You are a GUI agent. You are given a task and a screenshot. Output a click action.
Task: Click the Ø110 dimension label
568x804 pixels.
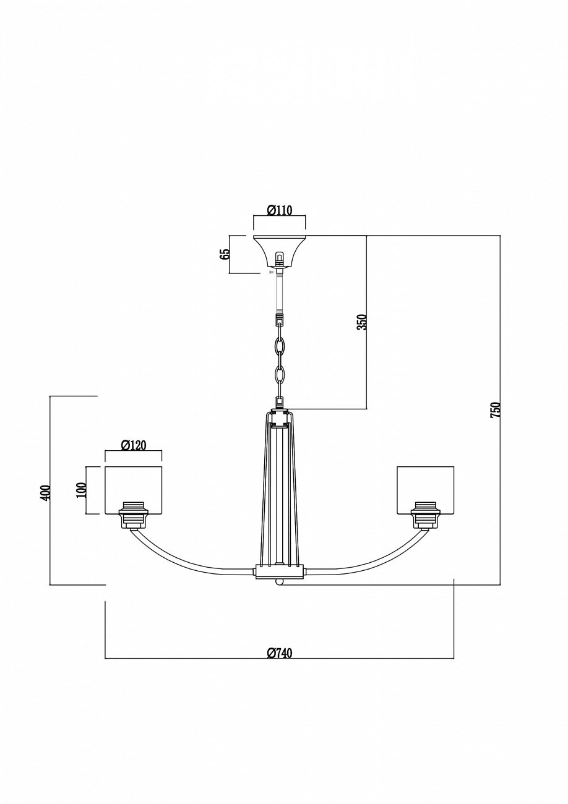click(x=280, y=210)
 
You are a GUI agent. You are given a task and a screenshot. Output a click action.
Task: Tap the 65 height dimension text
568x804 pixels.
click(x=225, y=254)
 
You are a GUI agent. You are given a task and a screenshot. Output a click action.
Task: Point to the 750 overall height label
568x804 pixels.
click(x=495, y=410)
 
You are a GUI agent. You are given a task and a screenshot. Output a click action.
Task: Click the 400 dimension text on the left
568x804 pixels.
click(x=45, y=492)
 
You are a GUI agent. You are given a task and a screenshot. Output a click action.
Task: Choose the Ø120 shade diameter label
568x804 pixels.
click(x=133, y=445)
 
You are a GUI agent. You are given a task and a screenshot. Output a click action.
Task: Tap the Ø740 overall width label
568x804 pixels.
click(x=280, y=652)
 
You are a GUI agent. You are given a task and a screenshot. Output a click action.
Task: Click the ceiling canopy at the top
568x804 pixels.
click(x=280, y=247)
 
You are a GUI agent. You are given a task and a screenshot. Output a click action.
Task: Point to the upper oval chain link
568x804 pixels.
click(x=280, y=348)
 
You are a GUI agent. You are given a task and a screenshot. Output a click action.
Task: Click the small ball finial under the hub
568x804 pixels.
click(x=280, y=583)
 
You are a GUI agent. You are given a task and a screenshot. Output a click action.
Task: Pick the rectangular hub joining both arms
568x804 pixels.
click(x=280, y=572)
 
